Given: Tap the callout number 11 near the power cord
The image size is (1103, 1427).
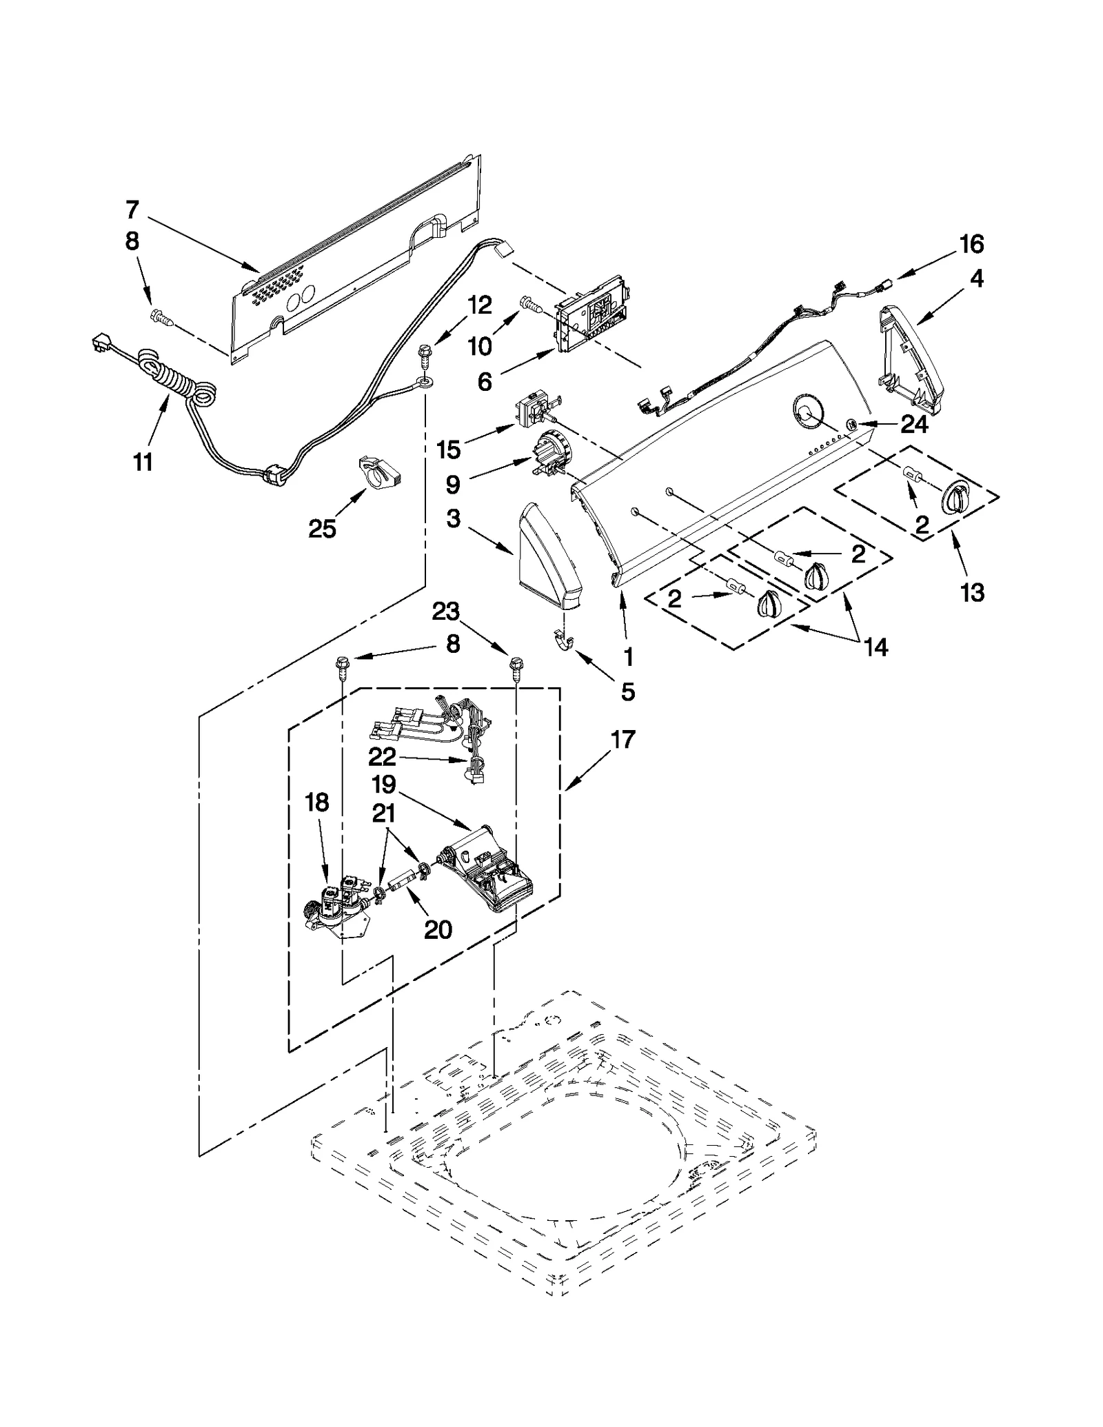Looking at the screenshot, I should tap(143, 462).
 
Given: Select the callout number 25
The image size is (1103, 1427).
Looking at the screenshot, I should tap(322, 529).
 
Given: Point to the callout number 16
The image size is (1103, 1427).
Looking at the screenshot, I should tap(971, 244).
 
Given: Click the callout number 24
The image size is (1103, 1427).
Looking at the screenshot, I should tap(914, 425).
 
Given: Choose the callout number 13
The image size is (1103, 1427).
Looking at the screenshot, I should tap(972, 592).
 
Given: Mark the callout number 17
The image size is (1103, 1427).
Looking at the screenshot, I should tap(622, 740).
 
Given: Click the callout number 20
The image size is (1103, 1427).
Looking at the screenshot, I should tap(438, 929).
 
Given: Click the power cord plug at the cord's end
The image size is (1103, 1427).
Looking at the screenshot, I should tap(101, 343).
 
